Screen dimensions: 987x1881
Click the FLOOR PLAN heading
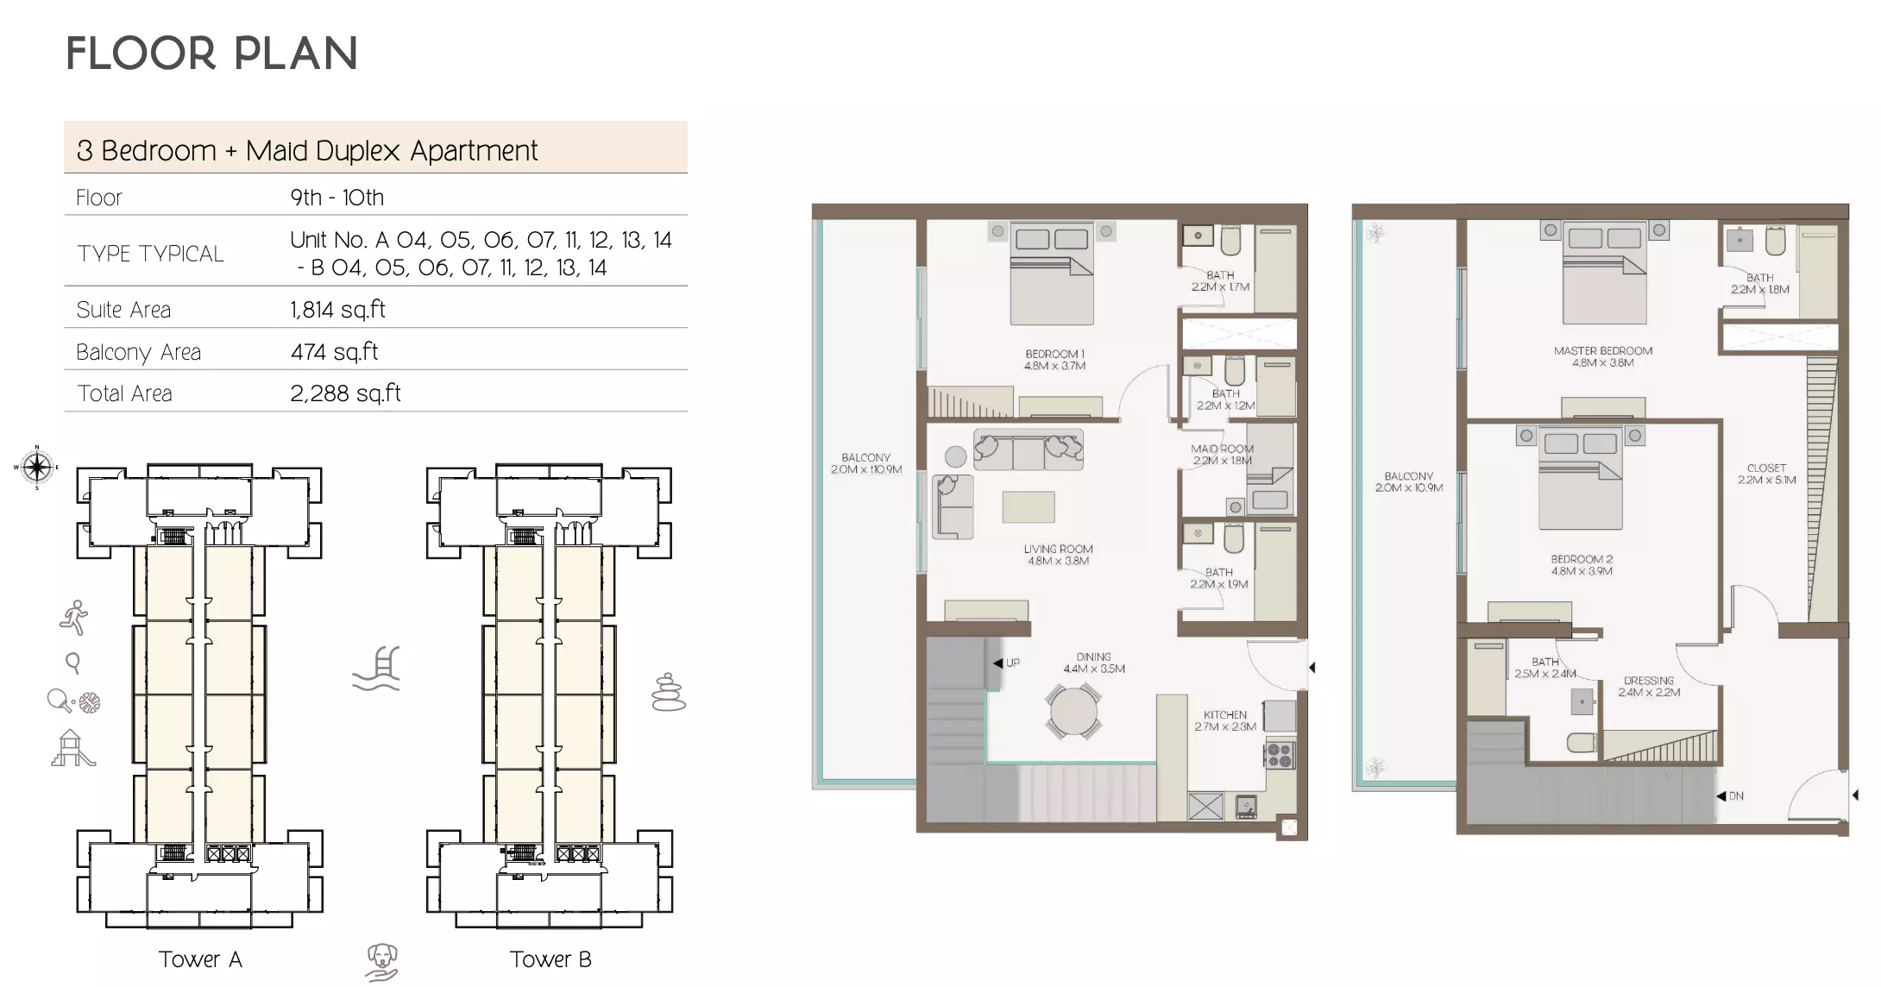coord(211,53)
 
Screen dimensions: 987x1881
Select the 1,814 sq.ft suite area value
coord(337,310)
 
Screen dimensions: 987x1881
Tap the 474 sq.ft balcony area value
coord(334,352)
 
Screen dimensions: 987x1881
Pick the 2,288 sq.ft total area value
coord(345,393)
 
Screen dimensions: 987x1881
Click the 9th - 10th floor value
coord(337,198)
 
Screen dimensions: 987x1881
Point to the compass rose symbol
coord(36,468)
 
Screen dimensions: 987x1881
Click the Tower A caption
coord(200,959)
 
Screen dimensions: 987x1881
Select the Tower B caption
coord(550,959)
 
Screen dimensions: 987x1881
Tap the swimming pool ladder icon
coord(377,670)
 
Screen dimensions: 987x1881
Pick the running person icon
coord(74,618)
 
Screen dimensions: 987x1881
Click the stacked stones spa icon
coord(668,693)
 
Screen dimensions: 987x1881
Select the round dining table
coord(1073,712)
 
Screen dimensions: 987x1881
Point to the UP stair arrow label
coord(1007,663)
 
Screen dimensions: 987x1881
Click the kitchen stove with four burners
coord(1279,755)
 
